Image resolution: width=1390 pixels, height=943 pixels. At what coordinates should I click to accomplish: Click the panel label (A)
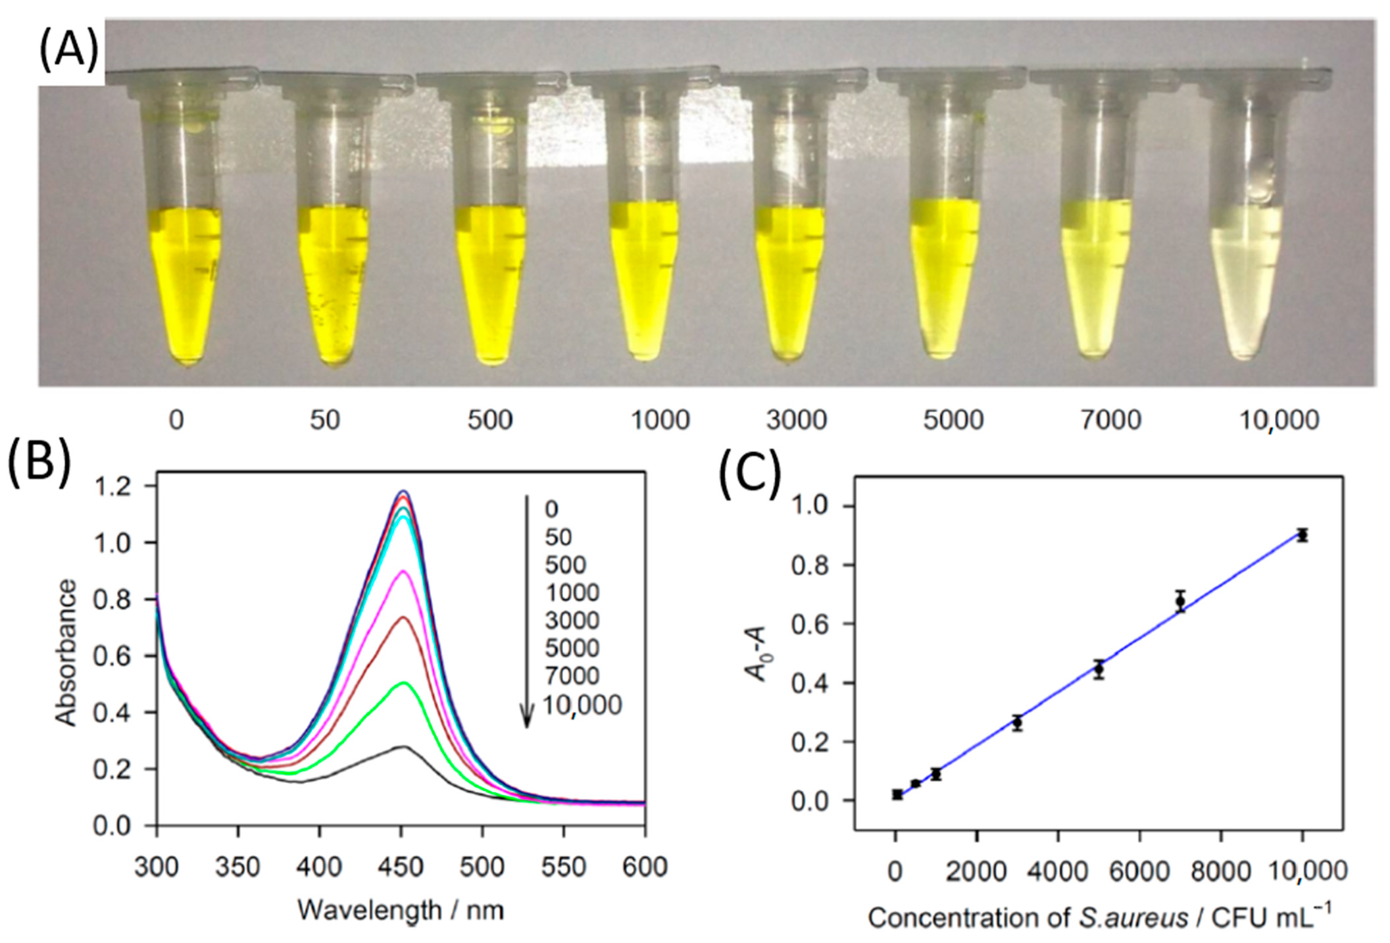68,52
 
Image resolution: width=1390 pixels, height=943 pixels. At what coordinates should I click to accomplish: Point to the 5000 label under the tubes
953,420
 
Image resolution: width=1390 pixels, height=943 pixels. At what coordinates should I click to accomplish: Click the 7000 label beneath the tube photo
1110,420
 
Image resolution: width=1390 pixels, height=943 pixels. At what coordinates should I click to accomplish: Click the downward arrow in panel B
526,612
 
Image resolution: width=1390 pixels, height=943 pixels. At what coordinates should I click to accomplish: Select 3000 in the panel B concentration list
572,621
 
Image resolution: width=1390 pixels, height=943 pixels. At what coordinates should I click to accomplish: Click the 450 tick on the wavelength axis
401,867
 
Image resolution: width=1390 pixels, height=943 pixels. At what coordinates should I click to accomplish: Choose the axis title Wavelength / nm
401,911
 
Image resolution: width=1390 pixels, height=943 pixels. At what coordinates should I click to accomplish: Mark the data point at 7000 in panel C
1180,601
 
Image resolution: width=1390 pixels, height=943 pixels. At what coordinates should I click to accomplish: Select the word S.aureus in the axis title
1133,917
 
